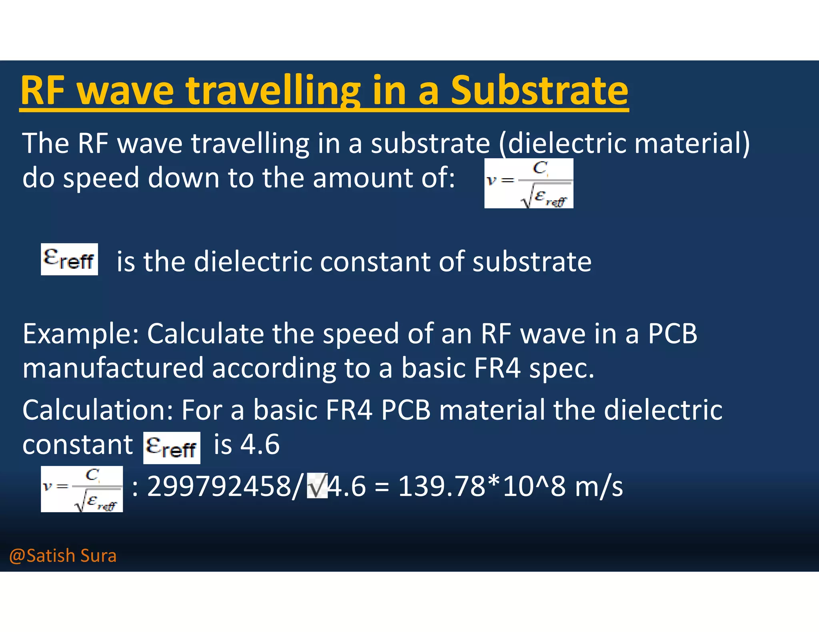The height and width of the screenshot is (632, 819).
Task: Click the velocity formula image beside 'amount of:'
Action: (529, 183)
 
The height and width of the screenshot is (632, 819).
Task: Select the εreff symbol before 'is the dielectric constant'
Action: (69, 259)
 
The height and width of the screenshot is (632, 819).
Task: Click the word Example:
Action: (80, 334)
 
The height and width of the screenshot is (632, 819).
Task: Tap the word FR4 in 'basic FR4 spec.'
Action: (497, 368)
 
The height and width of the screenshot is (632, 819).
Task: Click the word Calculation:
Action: (98, 410)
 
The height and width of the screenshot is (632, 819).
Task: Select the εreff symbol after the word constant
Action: (172, 448)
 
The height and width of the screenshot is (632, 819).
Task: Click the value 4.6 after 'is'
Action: (260, 444)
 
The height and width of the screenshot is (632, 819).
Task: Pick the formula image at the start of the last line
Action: (82, 489)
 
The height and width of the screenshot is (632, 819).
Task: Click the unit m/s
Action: (599, 487)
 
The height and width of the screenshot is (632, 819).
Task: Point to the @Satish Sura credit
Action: (63, 556)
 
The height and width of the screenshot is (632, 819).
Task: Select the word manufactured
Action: (113, 368)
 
